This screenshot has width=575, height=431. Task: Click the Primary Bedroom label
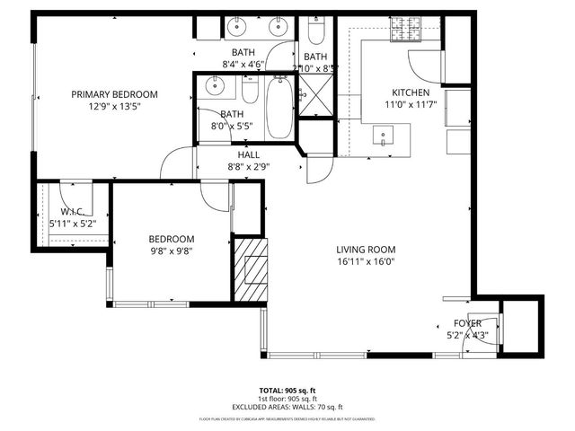114,94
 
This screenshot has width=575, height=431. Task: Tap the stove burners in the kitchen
407,35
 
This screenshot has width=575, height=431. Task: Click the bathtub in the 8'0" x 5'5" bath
279,108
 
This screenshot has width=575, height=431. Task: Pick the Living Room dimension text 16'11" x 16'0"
366,262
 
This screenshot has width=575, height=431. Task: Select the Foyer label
467,323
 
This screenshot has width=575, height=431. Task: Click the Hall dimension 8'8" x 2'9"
249,166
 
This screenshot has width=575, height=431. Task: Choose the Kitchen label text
411,92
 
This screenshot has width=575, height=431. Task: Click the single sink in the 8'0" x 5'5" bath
214,87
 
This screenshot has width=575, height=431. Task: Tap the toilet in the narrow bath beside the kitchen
315,32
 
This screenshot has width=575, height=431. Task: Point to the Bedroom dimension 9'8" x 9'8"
172,251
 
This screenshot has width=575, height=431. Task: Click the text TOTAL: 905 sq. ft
287,391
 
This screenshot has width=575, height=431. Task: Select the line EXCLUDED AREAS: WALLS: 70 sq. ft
287,407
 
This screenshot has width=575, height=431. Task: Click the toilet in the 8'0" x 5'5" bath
250,90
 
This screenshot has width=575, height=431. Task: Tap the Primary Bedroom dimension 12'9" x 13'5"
114,106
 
